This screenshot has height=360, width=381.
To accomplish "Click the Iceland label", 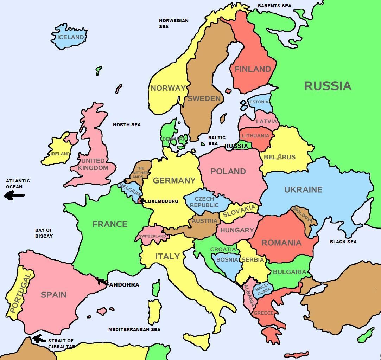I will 71,37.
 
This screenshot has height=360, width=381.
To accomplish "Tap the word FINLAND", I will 253,69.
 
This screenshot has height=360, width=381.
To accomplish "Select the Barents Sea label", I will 274,6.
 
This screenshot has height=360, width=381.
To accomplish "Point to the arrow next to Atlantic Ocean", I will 15,195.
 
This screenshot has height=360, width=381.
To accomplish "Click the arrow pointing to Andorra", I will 103,282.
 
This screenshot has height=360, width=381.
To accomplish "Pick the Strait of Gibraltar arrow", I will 39,339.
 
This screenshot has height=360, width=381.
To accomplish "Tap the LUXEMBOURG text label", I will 162,201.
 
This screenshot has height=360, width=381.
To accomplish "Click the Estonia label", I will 259,102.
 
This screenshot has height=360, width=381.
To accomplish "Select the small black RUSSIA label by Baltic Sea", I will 236,146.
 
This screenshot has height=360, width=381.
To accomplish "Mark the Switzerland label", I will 152,236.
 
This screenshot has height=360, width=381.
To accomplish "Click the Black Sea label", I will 343,242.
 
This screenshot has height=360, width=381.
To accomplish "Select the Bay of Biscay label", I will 44,233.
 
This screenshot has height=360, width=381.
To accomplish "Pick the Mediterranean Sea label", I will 134,330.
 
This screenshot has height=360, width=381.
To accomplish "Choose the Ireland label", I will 60,154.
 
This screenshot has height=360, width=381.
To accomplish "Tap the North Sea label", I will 127,125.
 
